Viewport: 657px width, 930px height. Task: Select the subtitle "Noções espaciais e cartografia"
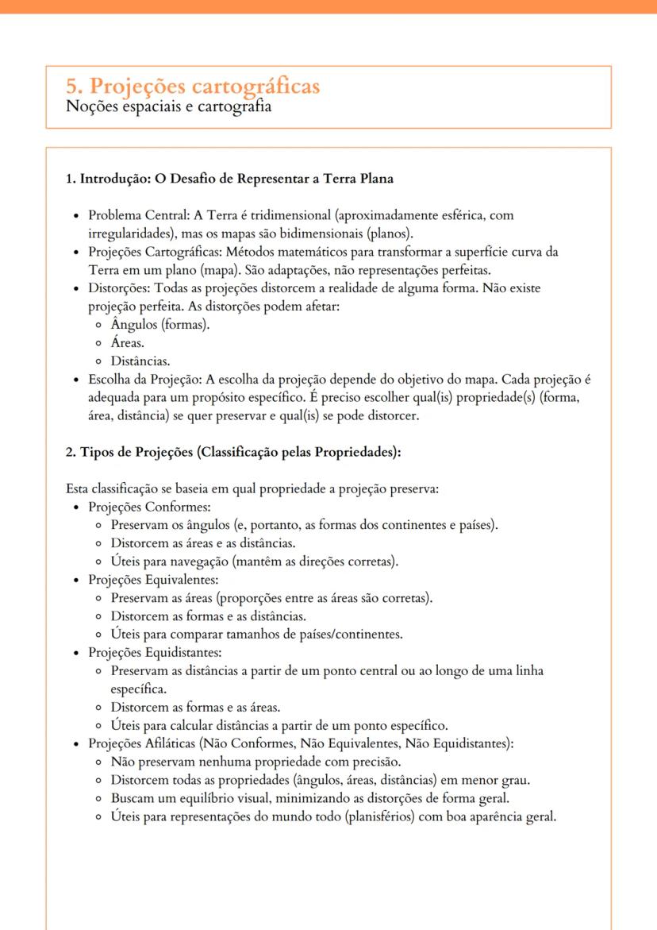pos(168,106)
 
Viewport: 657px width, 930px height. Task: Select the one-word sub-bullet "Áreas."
pos(127,343)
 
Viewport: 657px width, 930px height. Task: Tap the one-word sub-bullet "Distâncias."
pos(140,361)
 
